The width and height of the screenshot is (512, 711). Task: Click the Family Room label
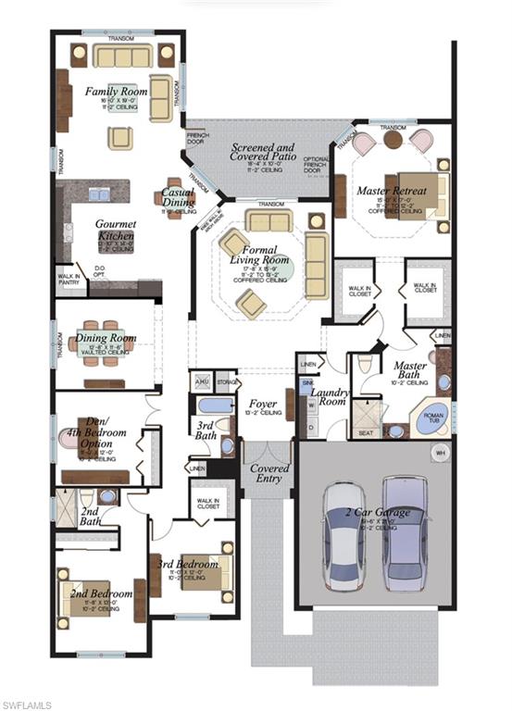click(x=117, y=92)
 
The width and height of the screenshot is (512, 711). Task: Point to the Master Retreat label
click(x=392, y=191)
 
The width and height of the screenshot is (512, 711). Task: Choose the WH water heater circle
click(x=441, y=453)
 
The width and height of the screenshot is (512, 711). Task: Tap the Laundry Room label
click(x=329, y=397)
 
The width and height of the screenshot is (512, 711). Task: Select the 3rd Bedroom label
click(x=188, y=564)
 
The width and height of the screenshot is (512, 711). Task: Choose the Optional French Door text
click(x=317, y=163)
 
